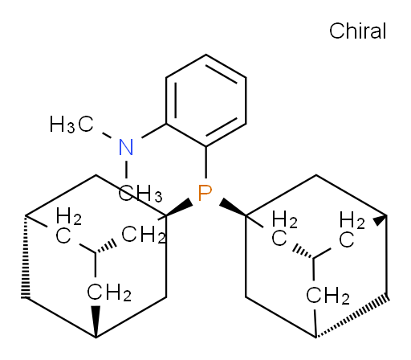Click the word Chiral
tap(357, 31)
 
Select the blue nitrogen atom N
tap(126, 147)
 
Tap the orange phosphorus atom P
tap(205, 193)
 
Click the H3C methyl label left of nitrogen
tap(71, 125)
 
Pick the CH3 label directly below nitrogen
tap(140, 193)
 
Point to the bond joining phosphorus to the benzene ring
tap(206, 162)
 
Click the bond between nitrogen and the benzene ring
tap(154, 131)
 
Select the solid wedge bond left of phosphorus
tap(179, 208)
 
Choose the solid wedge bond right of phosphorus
tap(232, 207)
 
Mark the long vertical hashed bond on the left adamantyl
tap(26, 256)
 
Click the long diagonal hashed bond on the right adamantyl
tap(352, 317)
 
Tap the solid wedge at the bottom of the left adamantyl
tap(96, 321)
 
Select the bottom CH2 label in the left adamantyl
tap(109, 292)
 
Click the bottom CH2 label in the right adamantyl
tap(328, 296)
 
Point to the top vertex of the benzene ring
tap(206, 55)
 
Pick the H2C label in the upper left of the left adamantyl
tap(68, 227)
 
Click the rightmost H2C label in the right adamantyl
tap(352, 229)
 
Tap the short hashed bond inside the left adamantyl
tap(106, 247)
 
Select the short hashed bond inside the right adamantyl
tap(303, 252)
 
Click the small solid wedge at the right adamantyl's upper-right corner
tap(380, 220)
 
